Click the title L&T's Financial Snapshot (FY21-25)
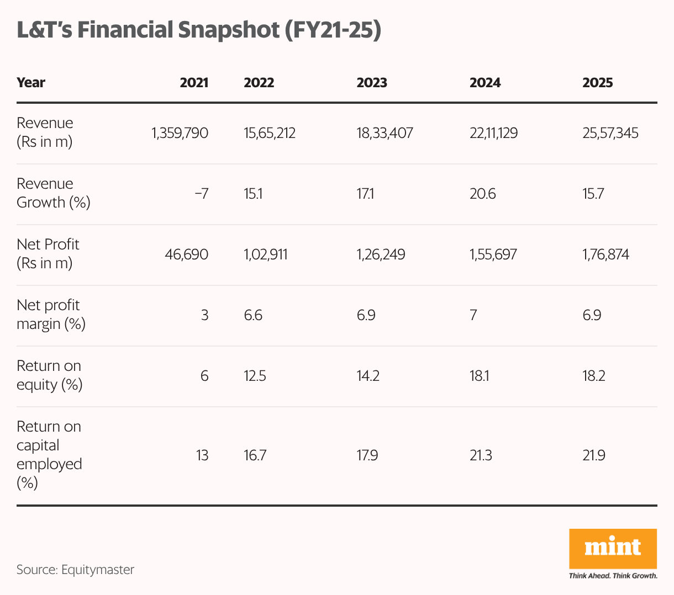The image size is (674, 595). click(199, 30)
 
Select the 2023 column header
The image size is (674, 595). click(372, 83)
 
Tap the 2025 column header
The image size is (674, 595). click(597, 83)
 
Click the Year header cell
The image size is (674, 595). click(31, 83)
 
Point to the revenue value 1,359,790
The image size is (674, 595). click(180, 133)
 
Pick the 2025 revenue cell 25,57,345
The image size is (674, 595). click(610, 133)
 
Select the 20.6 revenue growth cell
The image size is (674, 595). click(482, 194)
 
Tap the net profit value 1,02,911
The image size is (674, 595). click(265, 254)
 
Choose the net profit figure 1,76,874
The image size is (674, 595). click(605, 254)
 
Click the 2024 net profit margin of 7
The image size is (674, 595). click(473, 315)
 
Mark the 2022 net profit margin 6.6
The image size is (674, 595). click(253, 315)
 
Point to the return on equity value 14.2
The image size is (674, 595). click(368, 376)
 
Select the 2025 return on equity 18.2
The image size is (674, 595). click(593, 376)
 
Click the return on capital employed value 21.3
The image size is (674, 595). click(481, 455)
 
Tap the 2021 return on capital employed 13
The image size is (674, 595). click(202, 455)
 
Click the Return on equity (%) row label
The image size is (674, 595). click(49, 375)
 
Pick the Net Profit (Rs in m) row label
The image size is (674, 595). click(48, 254)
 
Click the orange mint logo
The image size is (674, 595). click(613, 549)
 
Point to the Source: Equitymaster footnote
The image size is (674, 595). click(75, 570)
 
